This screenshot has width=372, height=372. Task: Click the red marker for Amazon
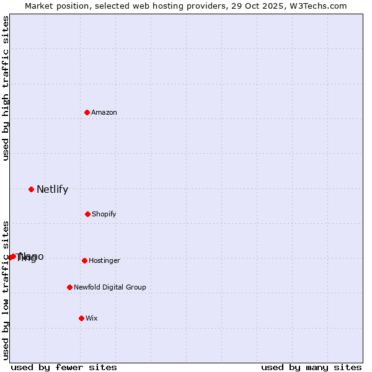pos(87,112)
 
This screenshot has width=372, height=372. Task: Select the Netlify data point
pos(31,189)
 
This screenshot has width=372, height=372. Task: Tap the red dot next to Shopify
pos(87,214)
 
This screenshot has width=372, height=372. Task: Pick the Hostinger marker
pos(84,260)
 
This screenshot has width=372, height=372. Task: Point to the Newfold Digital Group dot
pos(69,287)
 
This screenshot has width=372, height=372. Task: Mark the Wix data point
pos(81,318)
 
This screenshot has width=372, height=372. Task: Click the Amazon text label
pos(104,112)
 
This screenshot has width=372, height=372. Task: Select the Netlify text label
pos(52,189)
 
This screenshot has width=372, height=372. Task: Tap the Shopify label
pos(104,214)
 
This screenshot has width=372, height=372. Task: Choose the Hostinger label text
pos(104,260)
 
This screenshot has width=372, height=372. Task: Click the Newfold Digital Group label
pos(110,287)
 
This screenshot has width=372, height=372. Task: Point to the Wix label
pos(92,318)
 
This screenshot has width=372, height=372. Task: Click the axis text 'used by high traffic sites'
pos(6,88)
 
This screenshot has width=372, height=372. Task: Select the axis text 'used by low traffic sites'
pos(6,290)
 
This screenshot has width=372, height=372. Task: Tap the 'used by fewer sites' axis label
pos(64,367)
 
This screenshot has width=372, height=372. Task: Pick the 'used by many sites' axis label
pos(311,367)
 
